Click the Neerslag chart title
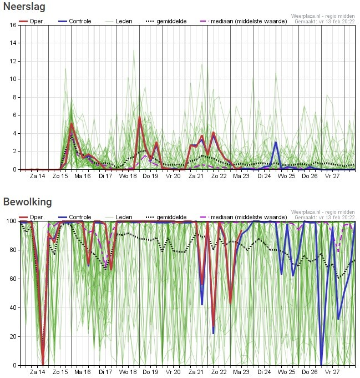click(24, 7)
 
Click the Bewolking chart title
click(28, 201)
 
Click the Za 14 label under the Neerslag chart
click(37, 176)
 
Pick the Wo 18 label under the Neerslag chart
click(128, 176)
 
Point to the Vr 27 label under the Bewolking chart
click(332, 372)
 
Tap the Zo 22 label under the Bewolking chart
click(219, 372)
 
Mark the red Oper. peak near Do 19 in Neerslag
click(140, 117)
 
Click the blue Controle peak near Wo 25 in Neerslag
click(276, 143)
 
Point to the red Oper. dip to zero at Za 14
click(43, 364)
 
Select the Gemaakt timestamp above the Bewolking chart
click(324, 218)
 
